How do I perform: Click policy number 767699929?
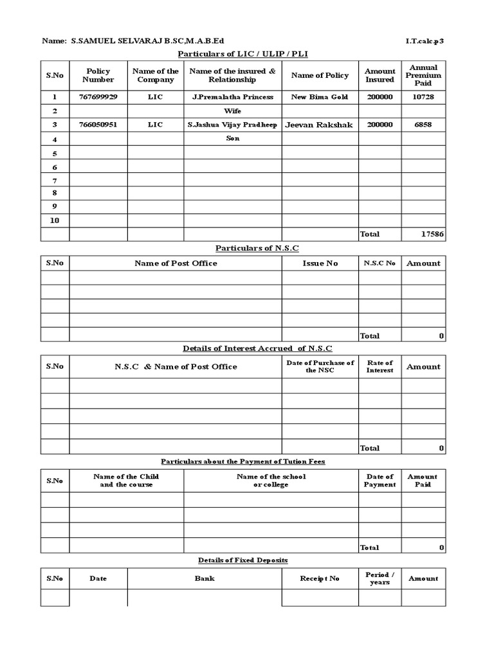[98, 97]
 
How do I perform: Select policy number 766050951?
[98, 125]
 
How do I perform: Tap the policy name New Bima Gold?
[320, 97]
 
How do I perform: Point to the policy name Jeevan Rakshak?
[320, 125]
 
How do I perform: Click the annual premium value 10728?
[423, 97]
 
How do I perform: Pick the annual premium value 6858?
[423, 125]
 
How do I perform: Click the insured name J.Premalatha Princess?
[232, 97]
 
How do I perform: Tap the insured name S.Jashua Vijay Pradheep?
[232, 125]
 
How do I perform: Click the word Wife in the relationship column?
[232, 111]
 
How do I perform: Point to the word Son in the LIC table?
[232, 138]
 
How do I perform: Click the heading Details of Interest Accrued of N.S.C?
[257, 348]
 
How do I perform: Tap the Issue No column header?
[320, 263]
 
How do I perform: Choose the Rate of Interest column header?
[380, 367]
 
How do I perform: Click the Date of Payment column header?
[380, 481]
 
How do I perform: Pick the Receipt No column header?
[320, 579]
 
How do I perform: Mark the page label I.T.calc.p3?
[425, 41]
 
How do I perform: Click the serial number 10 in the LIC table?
[55, 220]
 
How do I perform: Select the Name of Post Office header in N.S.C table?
[176, 263]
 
